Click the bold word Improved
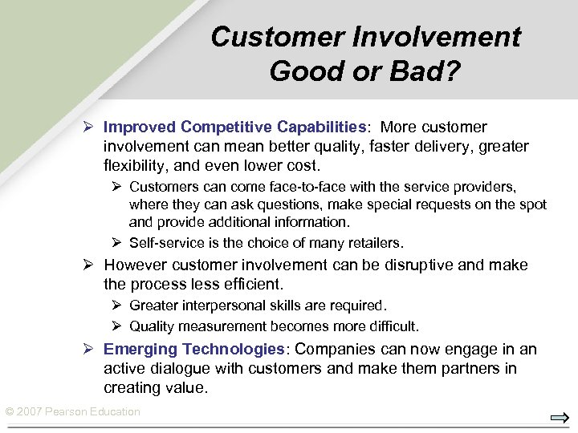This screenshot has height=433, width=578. click(x=140, y=127)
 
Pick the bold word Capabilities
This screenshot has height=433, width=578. click(x=321, y=127)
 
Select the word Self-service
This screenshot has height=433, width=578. click(x=167, y=242)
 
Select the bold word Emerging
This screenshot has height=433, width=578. click(x=140, y=350)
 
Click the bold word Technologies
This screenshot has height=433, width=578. click(x=234, y=350)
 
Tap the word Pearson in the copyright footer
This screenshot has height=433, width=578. click(x=69, y=412)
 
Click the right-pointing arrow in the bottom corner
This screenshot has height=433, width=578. click(x=560, y=418)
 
